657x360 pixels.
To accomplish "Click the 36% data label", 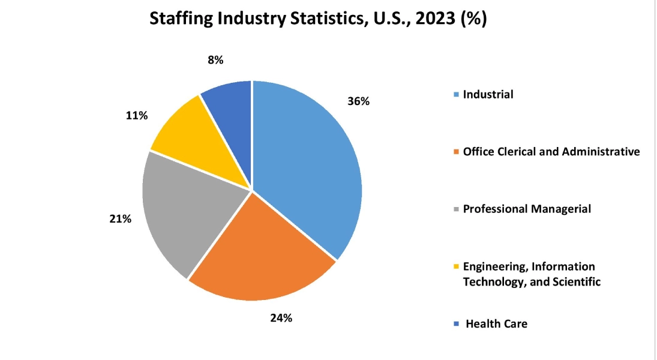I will point(358,101).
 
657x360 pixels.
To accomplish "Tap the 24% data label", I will point(281,318).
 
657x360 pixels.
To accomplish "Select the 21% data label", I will point(120,219).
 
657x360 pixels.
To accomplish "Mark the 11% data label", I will point(137,115).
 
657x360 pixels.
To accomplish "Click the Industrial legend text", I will point(488,94).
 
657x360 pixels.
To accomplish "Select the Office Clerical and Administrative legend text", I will point(551,152).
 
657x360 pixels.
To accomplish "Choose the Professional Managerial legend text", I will point(527,209).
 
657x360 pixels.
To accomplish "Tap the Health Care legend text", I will point(496,324).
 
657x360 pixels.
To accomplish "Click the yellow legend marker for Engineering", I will point(457,267).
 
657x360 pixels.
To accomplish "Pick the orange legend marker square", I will point(457,152).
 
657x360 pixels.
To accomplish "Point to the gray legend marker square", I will point(457,209).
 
